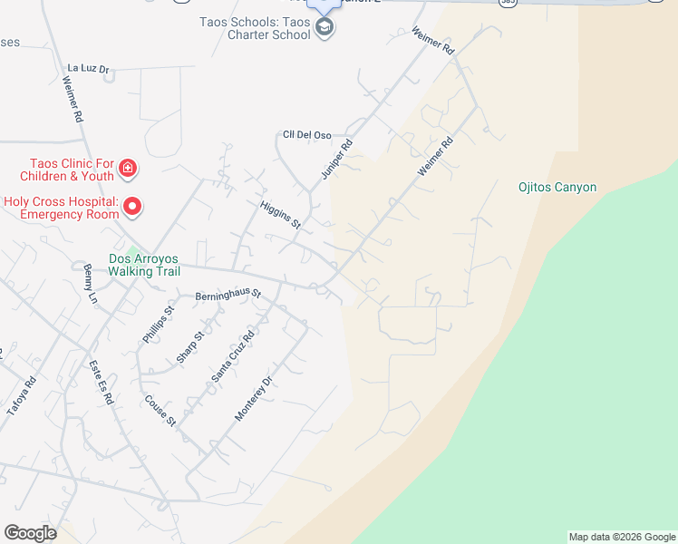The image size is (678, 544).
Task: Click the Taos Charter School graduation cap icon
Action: [x=324, y=28]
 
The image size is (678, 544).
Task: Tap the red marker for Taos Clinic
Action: [x=128, y=169]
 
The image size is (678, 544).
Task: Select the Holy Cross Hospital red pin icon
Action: [x=132, y=208]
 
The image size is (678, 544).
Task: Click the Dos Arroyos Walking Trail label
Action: [x=145, y=265]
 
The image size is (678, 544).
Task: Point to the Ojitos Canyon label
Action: [x=557, y=188]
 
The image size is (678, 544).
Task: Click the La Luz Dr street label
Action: [x=88, y=68]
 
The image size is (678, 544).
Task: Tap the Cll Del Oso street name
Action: [x=306, y=135]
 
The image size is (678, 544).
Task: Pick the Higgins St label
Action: [x=280, y=215]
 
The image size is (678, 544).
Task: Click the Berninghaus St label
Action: [x=228, y=295]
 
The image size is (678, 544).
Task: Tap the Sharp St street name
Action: [x=190, y=345]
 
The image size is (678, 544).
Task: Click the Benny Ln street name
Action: [x=89, y=284]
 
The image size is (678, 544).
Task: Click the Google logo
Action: [x=30, y=533]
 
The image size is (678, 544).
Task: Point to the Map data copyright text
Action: [x=622, y=537]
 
